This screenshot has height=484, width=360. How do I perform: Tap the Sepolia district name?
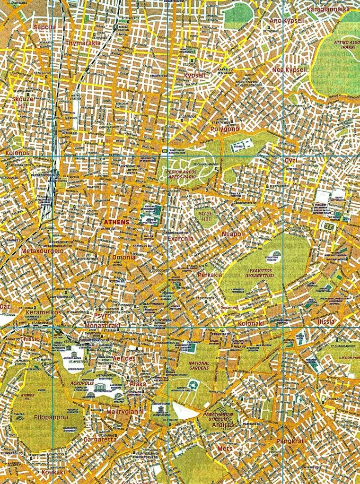click(44, 27)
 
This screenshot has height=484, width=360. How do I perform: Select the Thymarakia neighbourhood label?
click(83, 43)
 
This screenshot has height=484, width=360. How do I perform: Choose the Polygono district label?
click(225, 129)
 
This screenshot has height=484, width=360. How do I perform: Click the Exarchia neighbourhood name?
click(180, 239)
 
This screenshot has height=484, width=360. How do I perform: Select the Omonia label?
click(124, 257)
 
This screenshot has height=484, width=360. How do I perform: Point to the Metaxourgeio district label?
click(39, 251)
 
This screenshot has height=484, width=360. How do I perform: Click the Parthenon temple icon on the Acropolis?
click(100, 387)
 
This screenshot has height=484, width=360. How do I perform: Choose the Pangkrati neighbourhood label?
click(291, 441)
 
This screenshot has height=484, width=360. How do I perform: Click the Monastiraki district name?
click(99, 325)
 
